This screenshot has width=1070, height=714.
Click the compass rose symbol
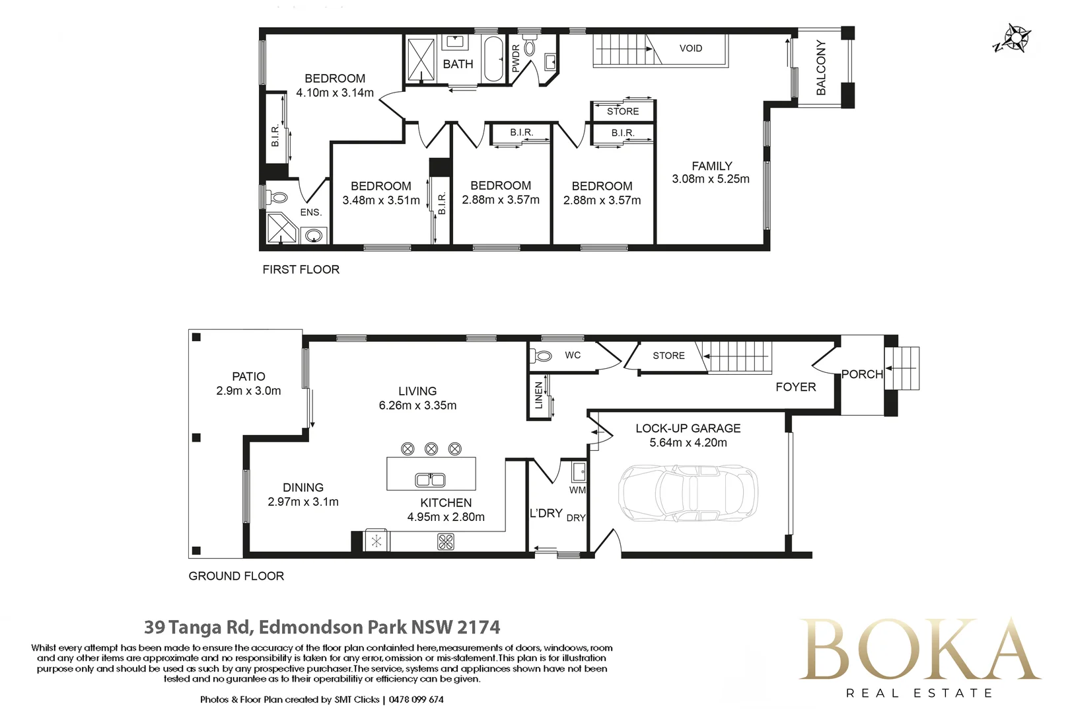1014,38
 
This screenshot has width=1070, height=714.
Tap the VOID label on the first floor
691,48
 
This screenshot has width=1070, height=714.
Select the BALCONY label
820,67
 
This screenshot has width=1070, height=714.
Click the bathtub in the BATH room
494,59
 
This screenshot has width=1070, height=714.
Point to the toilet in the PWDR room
529,47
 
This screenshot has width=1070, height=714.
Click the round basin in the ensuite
314,236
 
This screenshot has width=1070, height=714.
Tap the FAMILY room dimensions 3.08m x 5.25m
711,179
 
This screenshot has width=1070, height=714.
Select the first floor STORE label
623,112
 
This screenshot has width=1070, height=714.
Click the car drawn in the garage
688,493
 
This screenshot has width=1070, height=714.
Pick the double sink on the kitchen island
431,480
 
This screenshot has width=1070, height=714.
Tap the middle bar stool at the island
431,449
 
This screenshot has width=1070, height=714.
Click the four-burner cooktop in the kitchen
446,542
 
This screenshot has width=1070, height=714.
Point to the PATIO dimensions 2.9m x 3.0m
248,391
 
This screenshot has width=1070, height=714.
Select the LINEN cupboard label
539,395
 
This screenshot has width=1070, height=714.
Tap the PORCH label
862,374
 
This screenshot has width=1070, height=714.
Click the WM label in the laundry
577,490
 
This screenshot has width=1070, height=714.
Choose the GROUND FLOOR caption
236,576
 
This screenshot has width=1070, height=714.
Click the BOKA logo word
920,649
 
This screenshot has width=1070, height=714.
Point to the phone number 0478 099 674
416,699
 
